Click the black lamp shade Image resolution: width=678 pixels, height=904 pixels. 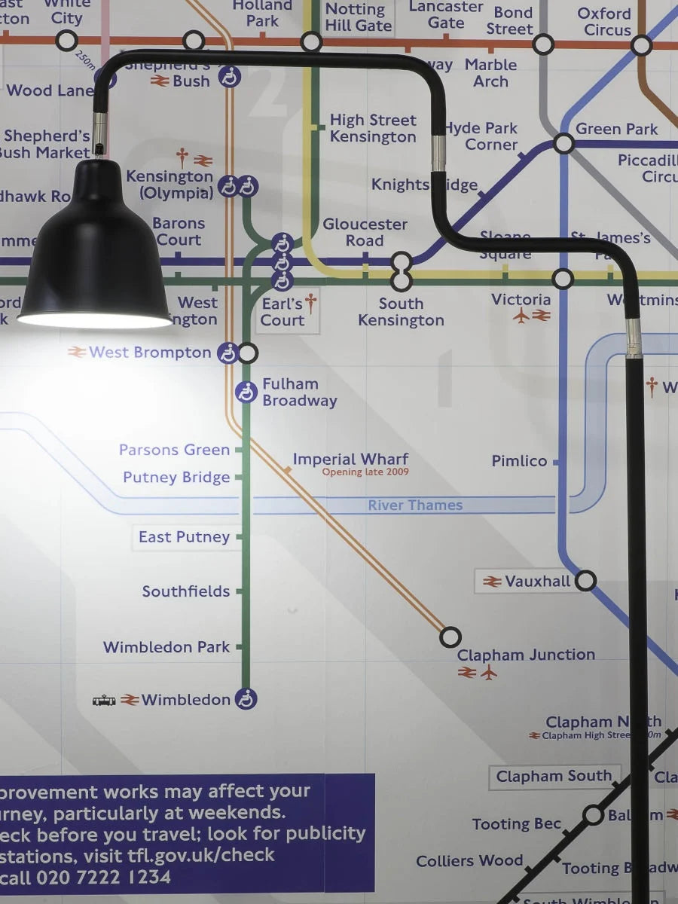(94, 249)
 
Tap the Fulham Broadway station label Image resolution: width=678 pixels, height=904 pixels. (299, 392)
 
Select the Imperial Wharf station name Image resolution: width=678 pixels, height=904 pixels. (350, 459)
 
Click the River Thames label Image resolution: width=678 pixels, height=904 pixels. (415, 505)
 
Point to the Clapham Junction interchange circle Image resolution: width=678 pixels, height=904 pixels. (450, 637)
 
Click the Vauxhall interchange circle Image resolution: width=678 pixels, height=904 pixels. (585, 581)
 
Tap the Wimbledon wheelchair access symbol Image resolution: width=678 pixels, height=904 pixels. (246, 699)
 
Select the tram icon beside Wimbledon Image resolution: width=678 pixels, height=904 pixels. (104, 701)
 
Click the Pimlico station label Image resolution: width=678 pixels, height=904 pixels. (519, 461)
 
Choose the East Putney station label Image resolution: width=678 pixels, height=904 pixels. (184, 537)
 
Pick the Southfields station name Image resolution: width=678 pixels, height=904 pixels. (186, 591)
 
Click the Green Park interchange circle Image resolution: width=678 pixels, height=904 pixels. (563, 143)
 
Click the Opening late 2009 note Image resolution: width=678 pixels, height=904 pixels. (365, 472)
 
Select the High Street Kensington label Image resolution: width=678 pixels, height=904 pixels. (373, 128)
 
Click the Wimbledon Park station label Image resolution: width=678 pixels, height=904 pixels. (166, 647)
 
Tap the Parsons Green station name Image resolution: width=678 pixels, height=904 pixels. (174, 450)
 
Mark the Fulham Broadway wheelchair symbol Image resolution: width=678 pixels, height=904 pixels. (246, 392)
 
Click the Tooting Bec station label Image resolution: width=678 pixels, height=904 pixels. (517, 824)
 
